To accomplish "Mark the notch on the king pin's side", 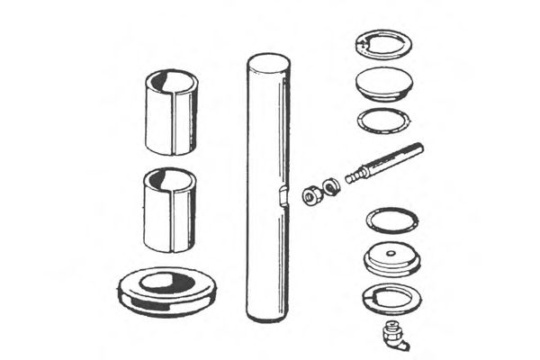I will pyautogui.click(x=283, y=195).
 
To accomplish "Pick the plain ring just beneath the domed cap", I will pyautogui.click(x=383, y=120).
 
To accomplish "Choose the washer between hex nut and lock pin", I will pyautogui.click(x=330, y=186).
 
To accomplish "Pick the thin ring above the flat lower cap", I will pyautogui.click(x=391, y=220).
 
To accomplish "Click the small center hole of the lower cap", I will pyautogui.click(x=390, y=255).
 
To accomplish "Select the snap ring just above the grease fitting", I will pyautogui.click(x=390, y=296).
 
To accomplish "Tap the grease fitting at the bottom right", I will pyautogui.click(x=393, y=335).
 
